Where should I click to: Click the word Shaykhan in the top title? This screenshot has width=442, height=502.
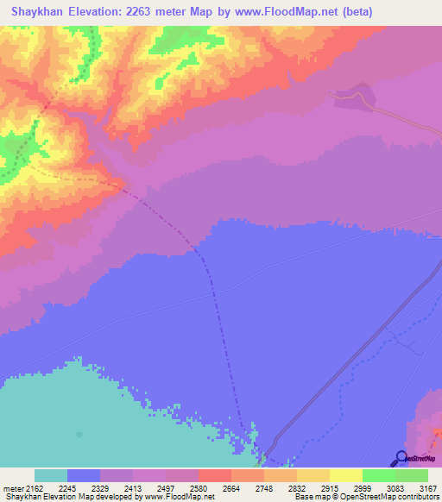[x=37, y=10]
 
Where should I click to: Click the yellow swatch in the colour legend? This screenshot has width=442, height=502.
[x=345, y=475]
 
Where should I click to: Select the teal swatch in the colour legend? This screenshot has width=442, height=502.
[x=50, y=475]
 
